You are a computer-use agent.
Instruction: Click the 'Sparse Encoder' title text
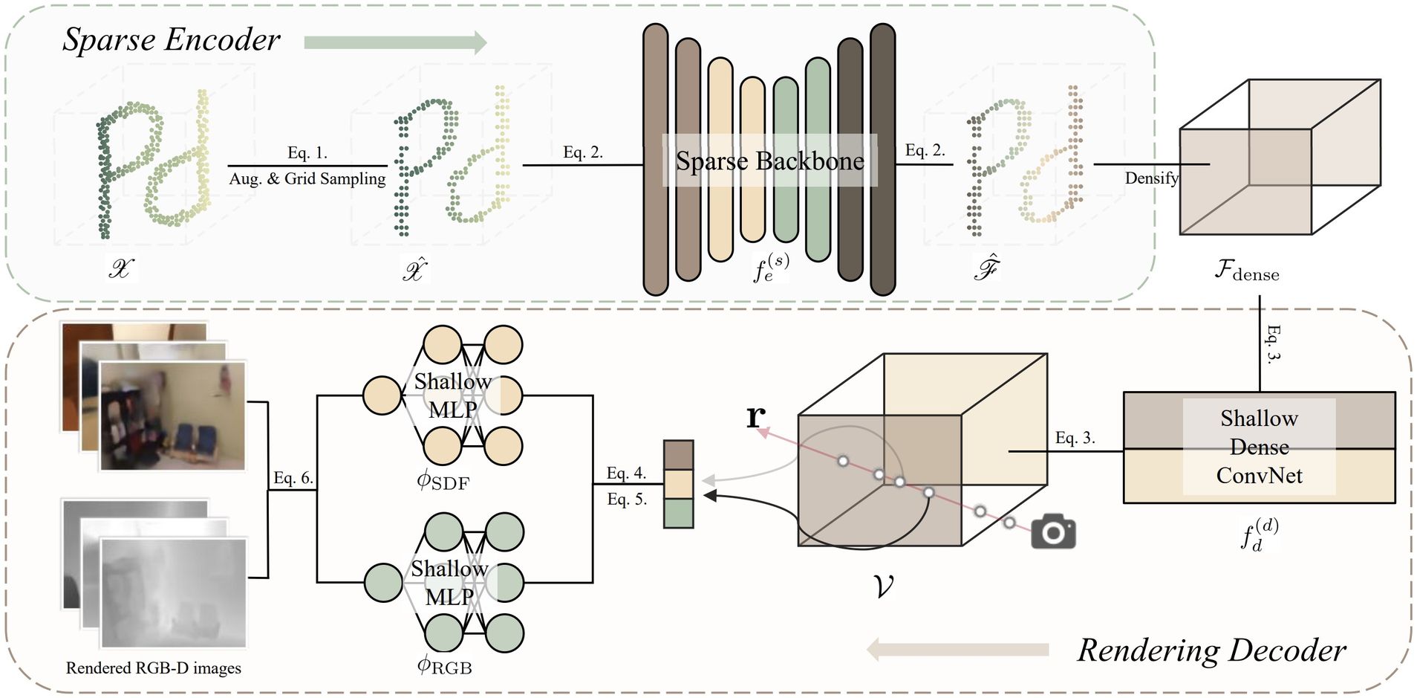(171, 39)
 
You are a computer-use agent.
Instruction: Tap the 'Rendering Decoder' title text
(1211, 650)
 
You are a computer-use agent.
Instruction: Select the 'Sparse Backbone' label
(769, 161)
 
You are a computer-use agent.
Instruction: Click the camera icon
(1053, 531)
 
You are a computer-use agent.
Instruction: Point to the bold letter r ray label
(755, 416)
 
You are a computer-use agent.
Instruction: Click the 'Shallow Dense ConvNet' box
(1259, 447)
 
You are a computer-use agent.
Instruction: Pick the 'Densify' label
(1151, 178)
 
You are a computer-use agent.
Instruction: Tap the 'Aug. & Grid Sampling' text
(307, 179)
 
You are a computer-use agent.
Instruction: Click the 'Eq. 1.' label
(307, 153)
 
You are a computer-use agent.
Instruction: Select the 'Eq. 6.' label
(293, 478)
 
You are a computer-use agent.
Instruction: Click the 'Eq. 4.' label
(626, 473)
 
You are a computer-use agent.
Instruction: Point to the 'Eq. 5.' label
(627, 500)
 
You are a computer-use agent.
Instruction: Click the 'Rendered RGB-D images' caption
(154, 668)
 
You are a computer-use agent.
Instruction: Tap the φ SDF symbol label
(443, 482)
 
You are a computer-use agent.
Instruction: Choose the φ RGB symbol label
(444, 666)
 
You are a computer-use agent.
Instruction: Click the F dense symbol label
(1247, 271)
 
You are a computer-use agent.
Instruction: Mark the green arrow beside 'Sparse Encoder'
(395, 42)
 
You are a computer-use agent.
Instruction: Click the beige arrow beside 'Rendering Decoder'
(957, 650)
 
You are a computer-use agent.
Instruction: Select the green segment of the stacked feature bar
(678, 514)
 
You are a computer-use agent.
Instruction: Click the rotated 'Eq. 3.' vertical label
(1273, 343)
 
